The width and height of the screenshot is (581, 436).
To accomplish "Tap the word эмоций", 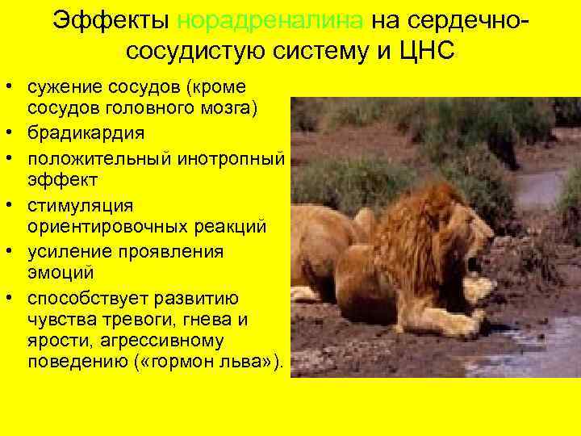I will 61,275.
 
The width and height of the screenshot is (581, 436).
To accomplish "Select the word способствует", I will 90,296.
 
